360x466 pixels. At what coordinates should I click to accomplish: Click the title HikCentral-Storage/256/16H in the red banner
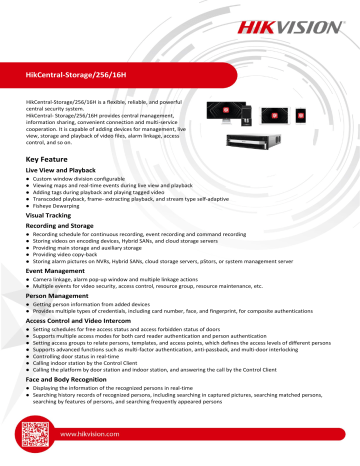pos(87,73)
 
